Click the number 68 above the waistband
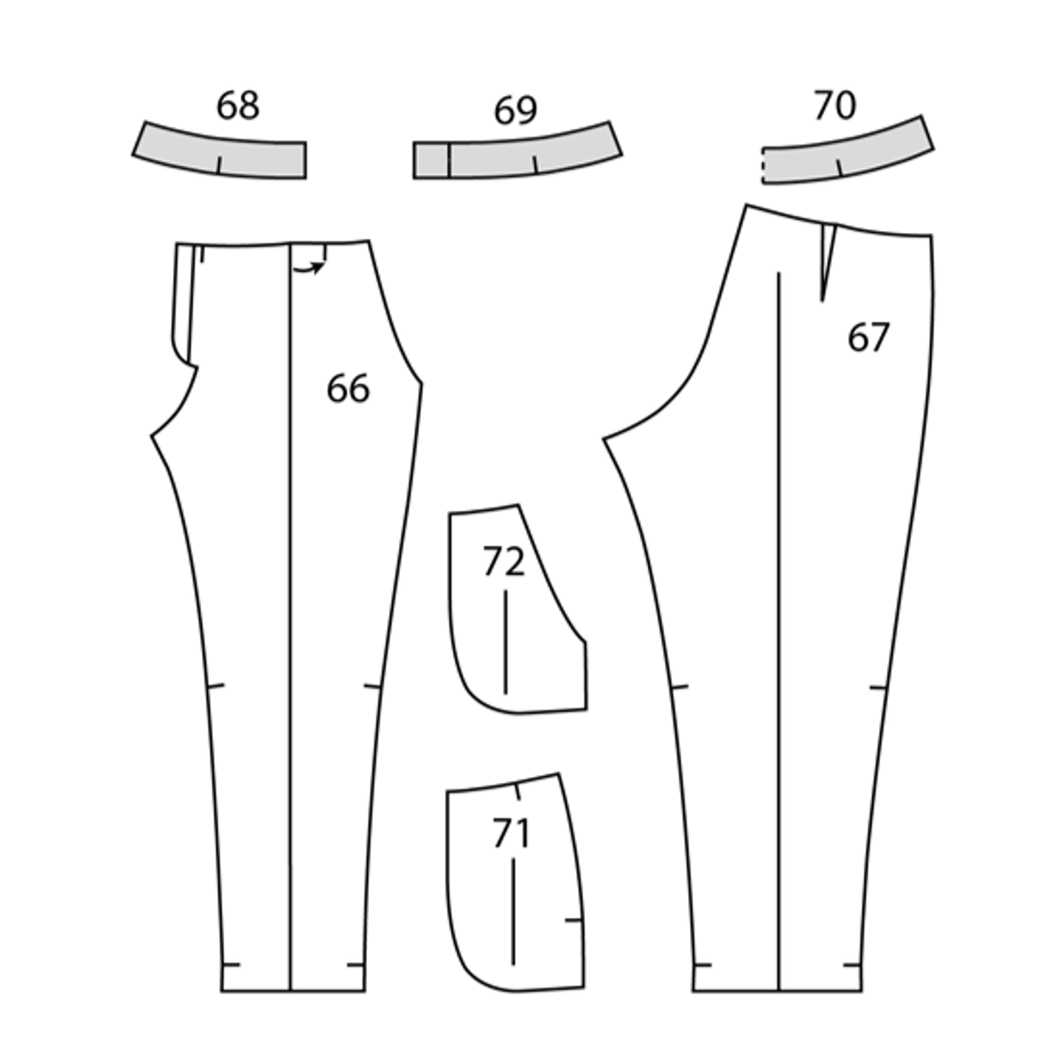(x=238, y=105)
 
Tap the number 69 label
(x=515, y=110)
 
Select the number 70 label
(x=836, y=105)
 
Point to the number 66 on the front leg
(x=348, y=389)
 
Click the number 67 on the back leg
(x=868, y=337)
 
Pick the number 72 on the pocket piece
(x=504, y=561)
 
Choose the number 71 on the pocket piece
(x=512, y=833)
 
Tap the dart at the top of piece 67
(x=828, y=261)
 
